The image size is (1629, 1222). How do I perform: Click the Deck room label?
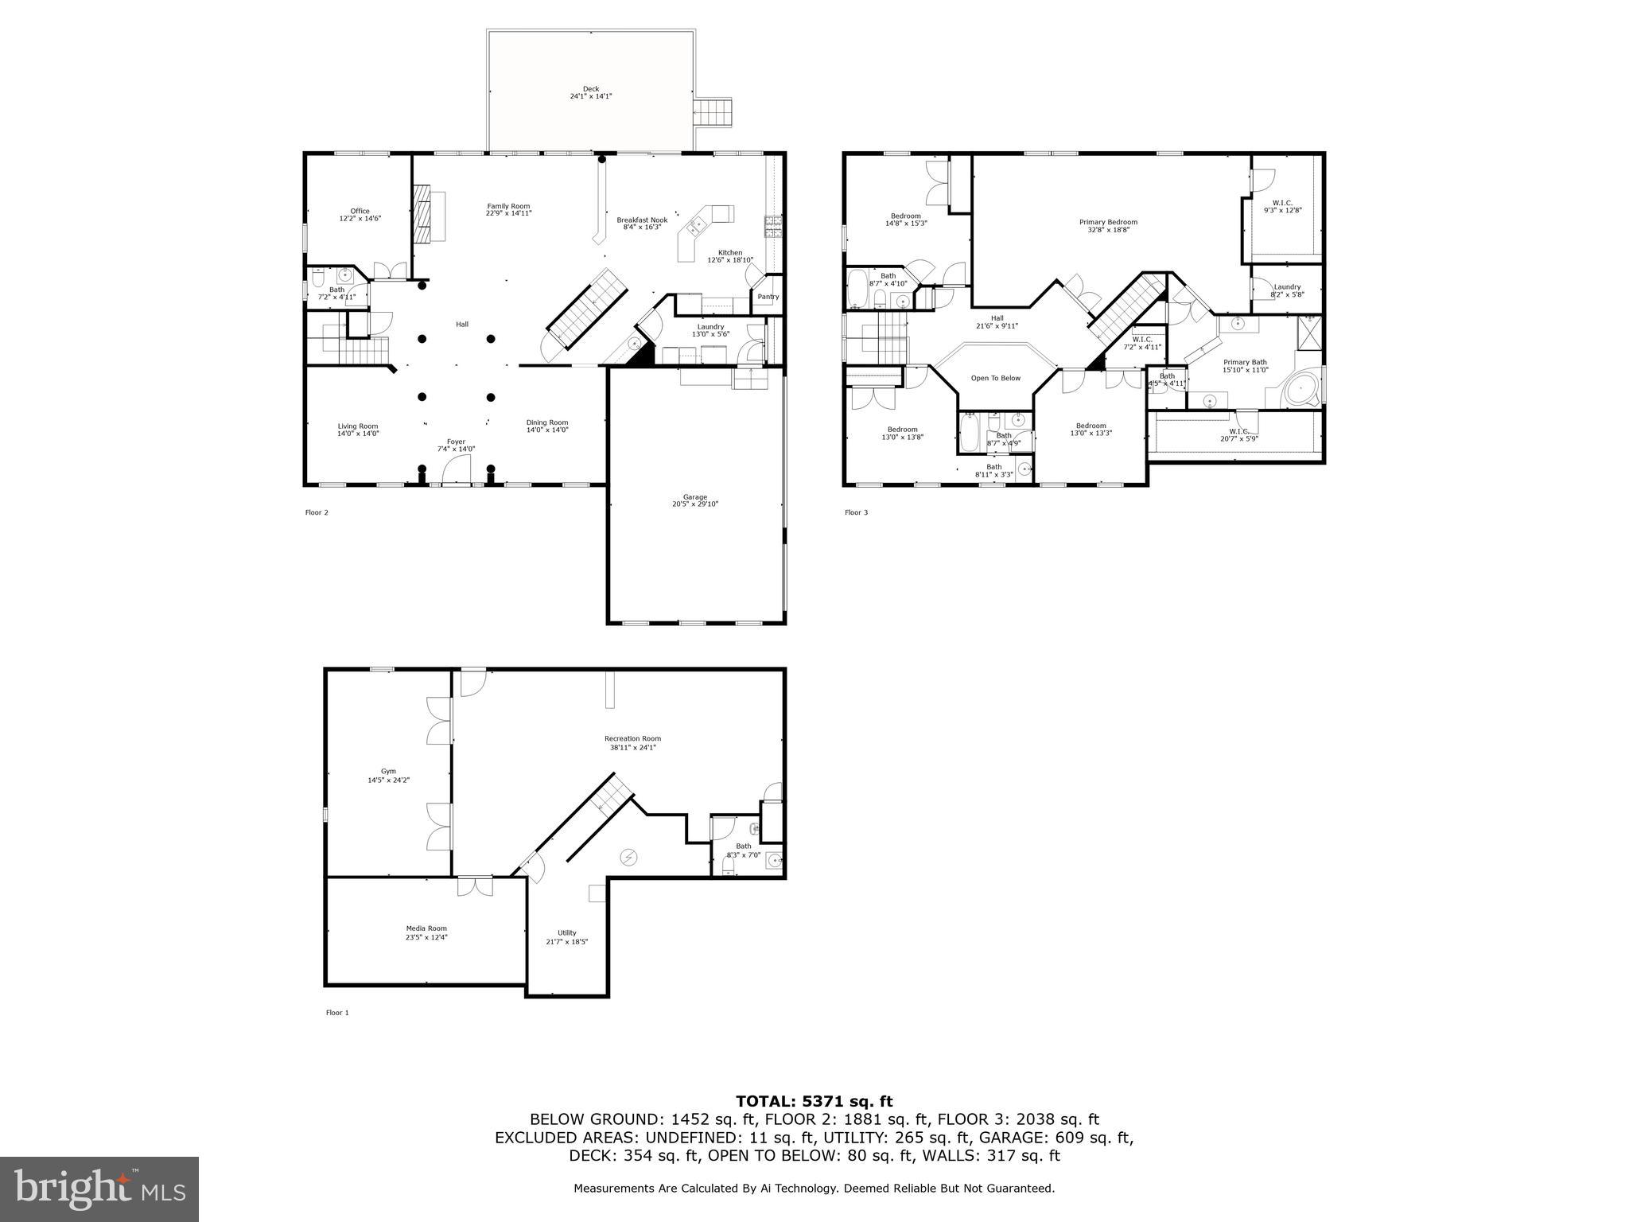590,89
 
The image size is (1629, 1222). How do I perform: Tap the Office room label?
360,211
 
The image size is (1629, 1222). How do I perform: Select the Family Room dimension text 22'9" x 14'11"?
508,213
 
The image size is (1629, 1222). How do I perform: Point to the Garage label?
694,497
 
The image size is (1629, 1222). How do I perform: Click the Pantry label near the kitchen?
768,297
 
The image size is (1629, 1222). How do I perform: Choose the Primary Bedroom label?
1108,222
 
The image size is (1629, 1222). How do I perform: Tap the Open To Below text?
995,378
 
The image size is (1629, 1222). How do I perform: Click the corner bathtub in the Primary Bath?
1301,391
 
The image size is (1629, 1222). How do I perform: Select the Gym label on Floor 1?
388,771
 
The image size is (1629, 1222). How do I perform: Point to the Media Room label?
426,928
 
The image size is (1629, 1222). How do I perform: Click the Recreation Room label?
632,738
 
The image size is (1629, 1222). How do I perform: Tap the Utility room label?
566,933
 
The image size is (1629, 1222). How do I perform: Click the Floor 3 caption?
856,512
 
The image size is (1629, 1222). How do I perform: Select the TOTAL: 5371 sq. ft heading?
814,1101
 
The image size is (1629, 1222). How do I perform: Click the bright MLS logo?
99,1189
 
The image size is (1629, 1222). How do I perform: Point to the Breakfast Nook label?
642,220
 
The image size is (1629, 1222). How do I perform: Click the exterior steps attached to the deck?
712,112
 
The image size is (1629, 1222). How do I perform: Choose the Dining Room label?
547,422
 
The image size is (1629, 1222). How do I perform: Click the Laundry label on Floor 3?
1287,287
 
